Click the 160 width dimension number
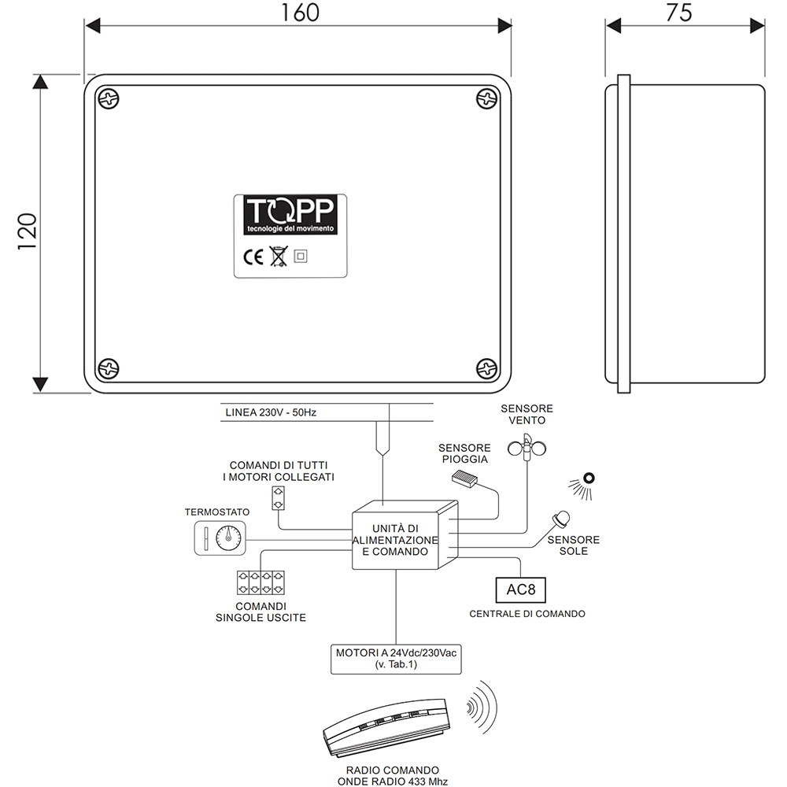(x=301, y=13)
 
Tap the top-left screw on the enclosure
(x=109, y=99)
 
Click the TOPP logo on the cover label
(x=290, y=214)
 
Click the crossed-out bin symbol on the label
(x=278, y=256)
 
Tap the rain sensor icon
(x=464, y=478)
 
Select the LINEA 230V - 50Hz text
(x=271, y=412)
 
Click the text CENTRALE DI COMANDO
(x=527, y=614)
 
